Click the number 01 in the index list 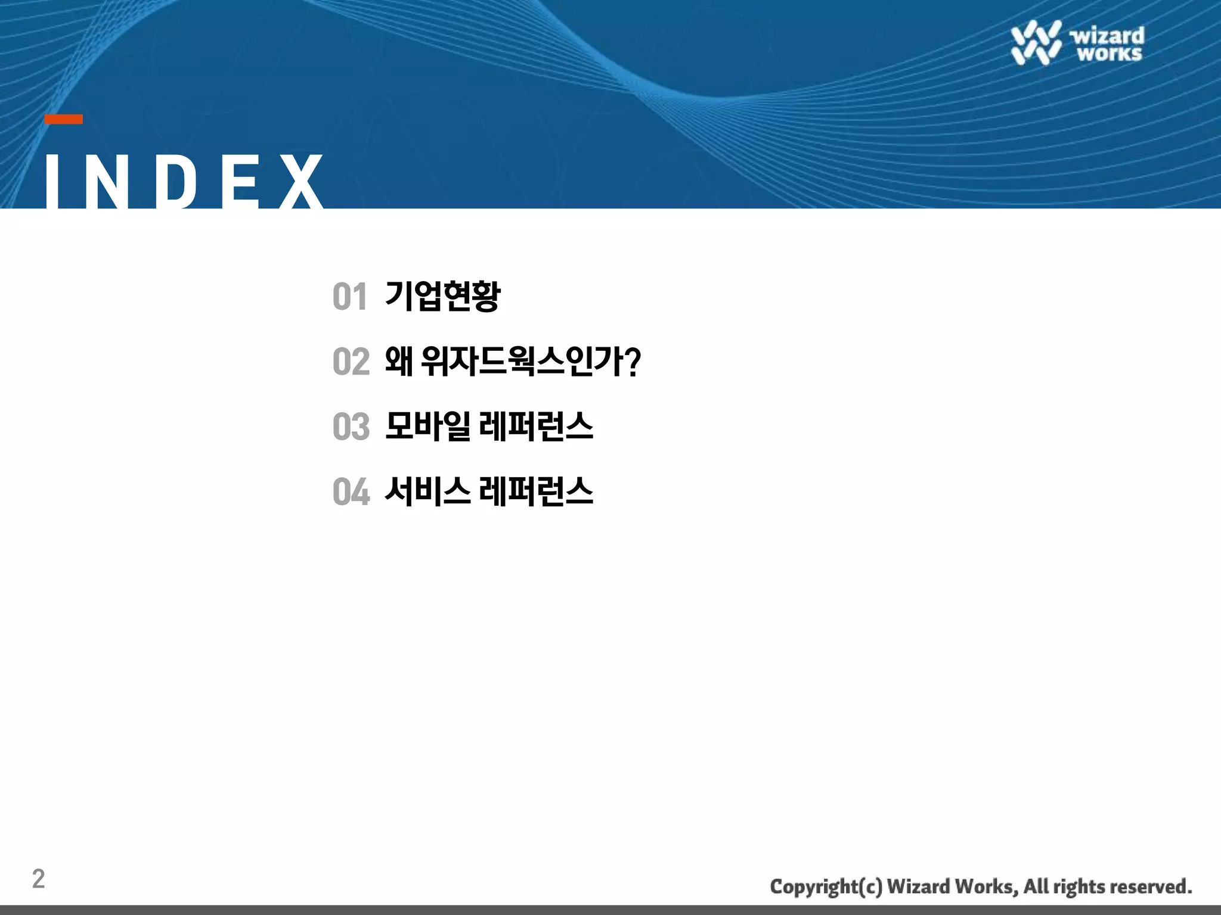tap(349, 297)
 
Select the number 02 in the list tap(351, 362)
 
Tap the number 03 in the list tap(351, 427)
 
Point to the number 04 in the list tap(351, 492)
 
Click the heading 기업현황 tap(442, 296)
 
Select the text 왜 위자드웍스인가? tap(512, 362)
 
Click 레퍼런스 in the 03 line tap(536, 427)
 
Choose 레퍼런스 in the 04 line tap(536, 492)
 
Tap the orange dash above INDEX tap(64, 119)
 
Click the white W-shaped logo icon tap(1036, 42)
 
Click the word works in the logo tap(1109, 54)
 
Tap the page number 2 tap(38, 879)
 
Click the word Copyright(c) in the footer tap(826, 887)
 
